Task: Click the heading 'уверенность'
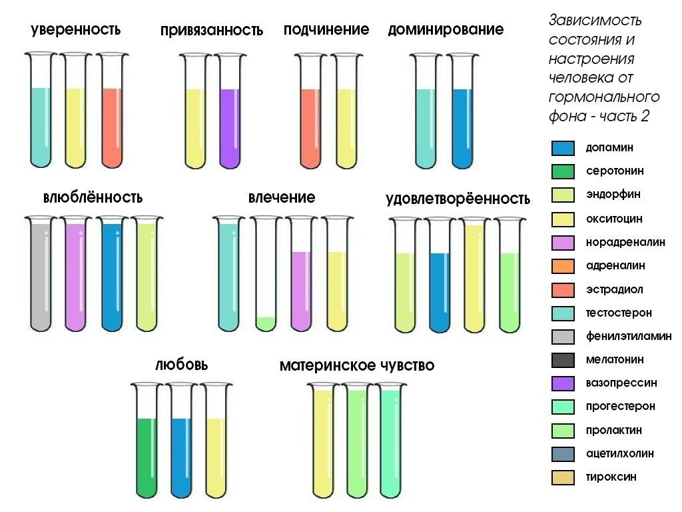point(75,30)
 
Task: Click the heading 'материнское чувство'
point(357,366)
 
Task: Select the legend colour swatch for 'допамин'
point(563,148)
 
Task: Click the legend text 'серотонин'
point(615,171)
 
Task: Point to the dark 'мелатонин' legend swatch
point(563,361)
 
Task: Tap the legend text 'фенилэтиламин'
point(629,337)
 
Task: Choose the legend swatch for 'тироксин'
point(563,477)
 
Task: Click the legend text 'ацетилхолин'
point(619,454)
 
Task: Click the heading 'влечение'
point(282,198)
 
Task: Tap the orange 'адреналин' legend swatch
point(563,266)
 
